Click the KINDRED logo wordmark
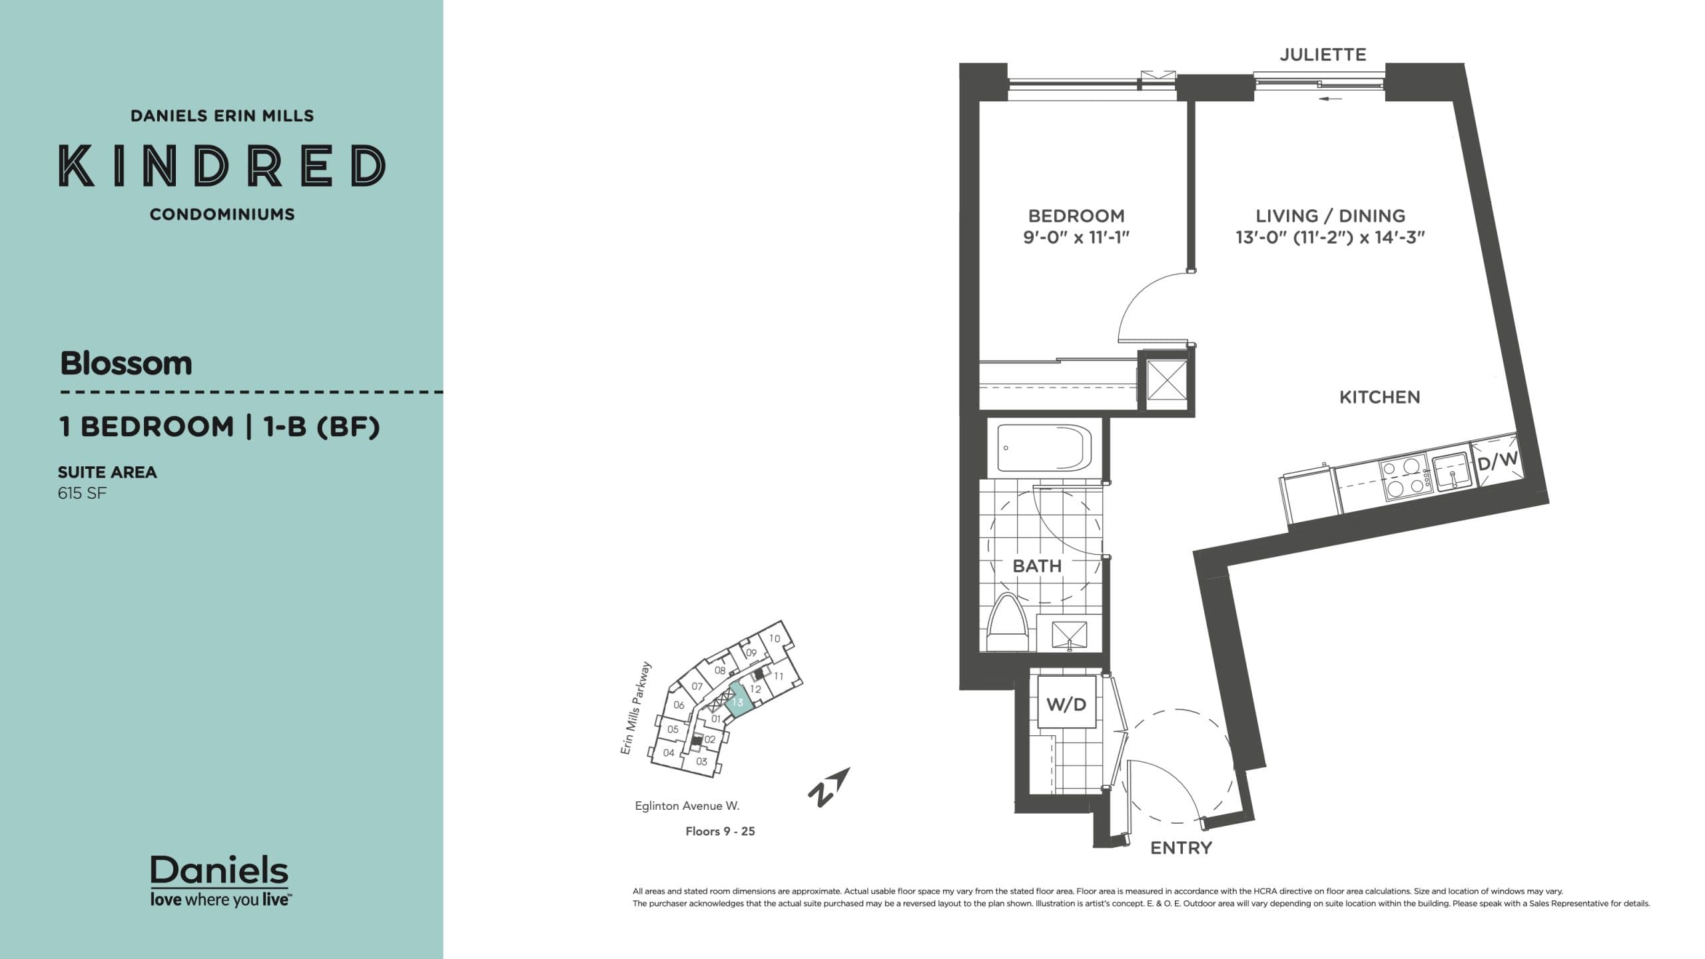point(222,165)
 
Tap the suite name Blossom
point(126,364)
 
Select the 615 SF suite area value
point(82,493)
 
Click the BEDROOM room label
point(1076,216)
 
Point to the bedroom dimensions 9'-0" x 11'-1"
point(1076,238)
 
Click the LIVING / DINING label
point(1330,216)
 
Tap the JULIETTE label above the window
point(1323,55)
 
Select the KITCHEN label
point(1379,398)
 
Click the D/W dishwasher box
point(1497,460)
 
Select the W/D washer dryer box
point(1066,705)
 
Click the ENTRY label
point(1181,848)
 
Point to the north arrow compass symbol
point(829,787)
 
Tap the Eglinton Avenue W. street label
point(687,806)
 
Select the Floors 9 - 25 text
point(720,831)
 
